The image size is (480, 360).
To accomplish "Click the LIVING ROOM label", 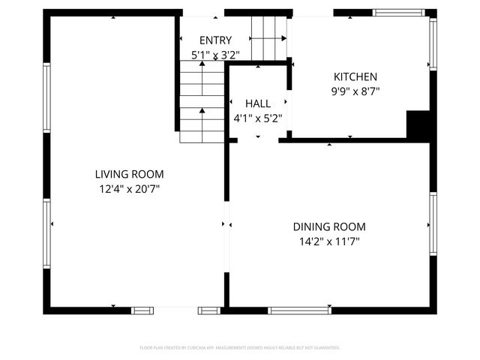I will coord(129,174).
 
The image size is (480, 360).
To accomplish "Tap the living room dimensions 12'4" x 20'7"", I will coord(129,189).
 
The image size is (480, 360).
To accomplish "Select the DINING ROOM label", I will coord(329,226).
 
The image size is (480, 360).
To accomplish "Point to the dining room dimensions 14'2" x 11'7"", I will coord(329,241).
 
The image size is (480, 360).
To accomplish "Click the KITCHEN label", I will coord(355,76).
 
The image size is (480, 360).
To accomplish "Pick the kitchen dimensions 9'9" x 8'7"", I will coord(355,91).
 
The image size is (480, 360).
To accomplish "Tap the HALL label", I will coord(258,103).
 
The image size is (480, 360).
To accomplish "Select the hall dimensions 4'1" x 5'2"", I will coord(258,118).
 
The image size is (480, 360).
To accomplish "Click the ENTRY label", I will coord(214,40).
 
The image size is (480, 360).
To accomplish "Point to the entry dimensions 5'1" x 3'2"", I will coord(214,54).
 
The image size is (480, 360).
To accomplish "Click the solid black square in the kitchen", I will coord(418,124).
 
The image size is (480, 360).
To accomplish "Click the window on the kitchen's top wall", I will coord(398,13).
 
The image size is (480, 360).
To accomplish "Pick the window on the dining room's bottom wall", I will coord(300,310).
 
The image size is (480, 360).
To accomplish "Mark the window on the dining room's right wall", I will coord(433,223).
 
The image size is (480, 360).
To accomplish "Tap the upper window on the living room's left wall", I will coord(46,97).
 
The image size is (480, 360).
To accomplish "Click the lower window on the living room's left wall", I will coord(46,223).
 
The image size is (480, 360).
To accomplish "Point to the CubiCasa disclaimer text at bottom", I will coord(240,347).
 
